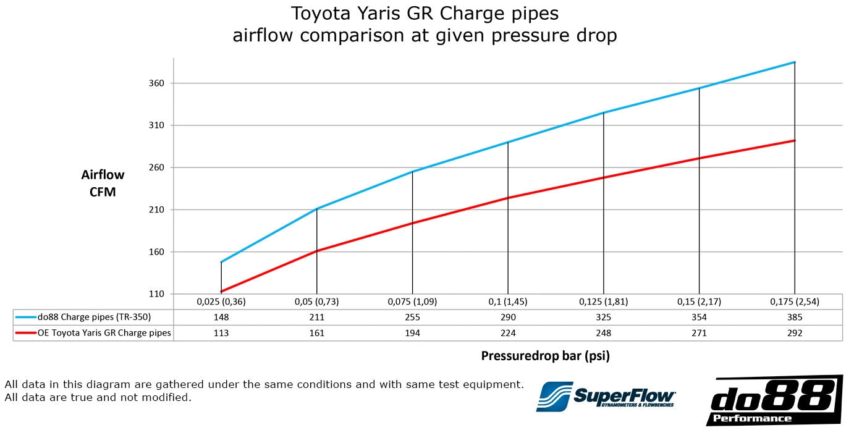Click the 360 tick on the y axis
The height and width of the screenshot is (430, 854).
[x=158, y=83]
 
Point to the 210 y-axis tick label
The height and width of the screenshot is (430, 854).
[x=158, y=210]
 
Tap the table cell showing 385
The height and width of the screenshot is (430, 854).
[x=794, y=318]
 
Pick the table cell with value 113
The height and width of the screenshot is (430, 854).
[x=221, y=333]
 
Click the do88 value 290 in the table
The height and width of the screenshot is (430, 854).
[x=507, y=318]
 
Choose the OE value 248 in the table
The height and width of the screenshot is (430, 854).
[x=603, y=333]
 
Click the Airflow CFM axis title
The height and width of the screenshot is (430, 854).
[x=103, y=183]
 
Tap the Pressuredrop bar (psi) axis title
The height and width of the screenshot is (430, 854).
[x=545, y=356]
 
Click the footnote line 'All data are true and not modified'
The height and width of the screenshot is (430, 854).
[x=98, y=397]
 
